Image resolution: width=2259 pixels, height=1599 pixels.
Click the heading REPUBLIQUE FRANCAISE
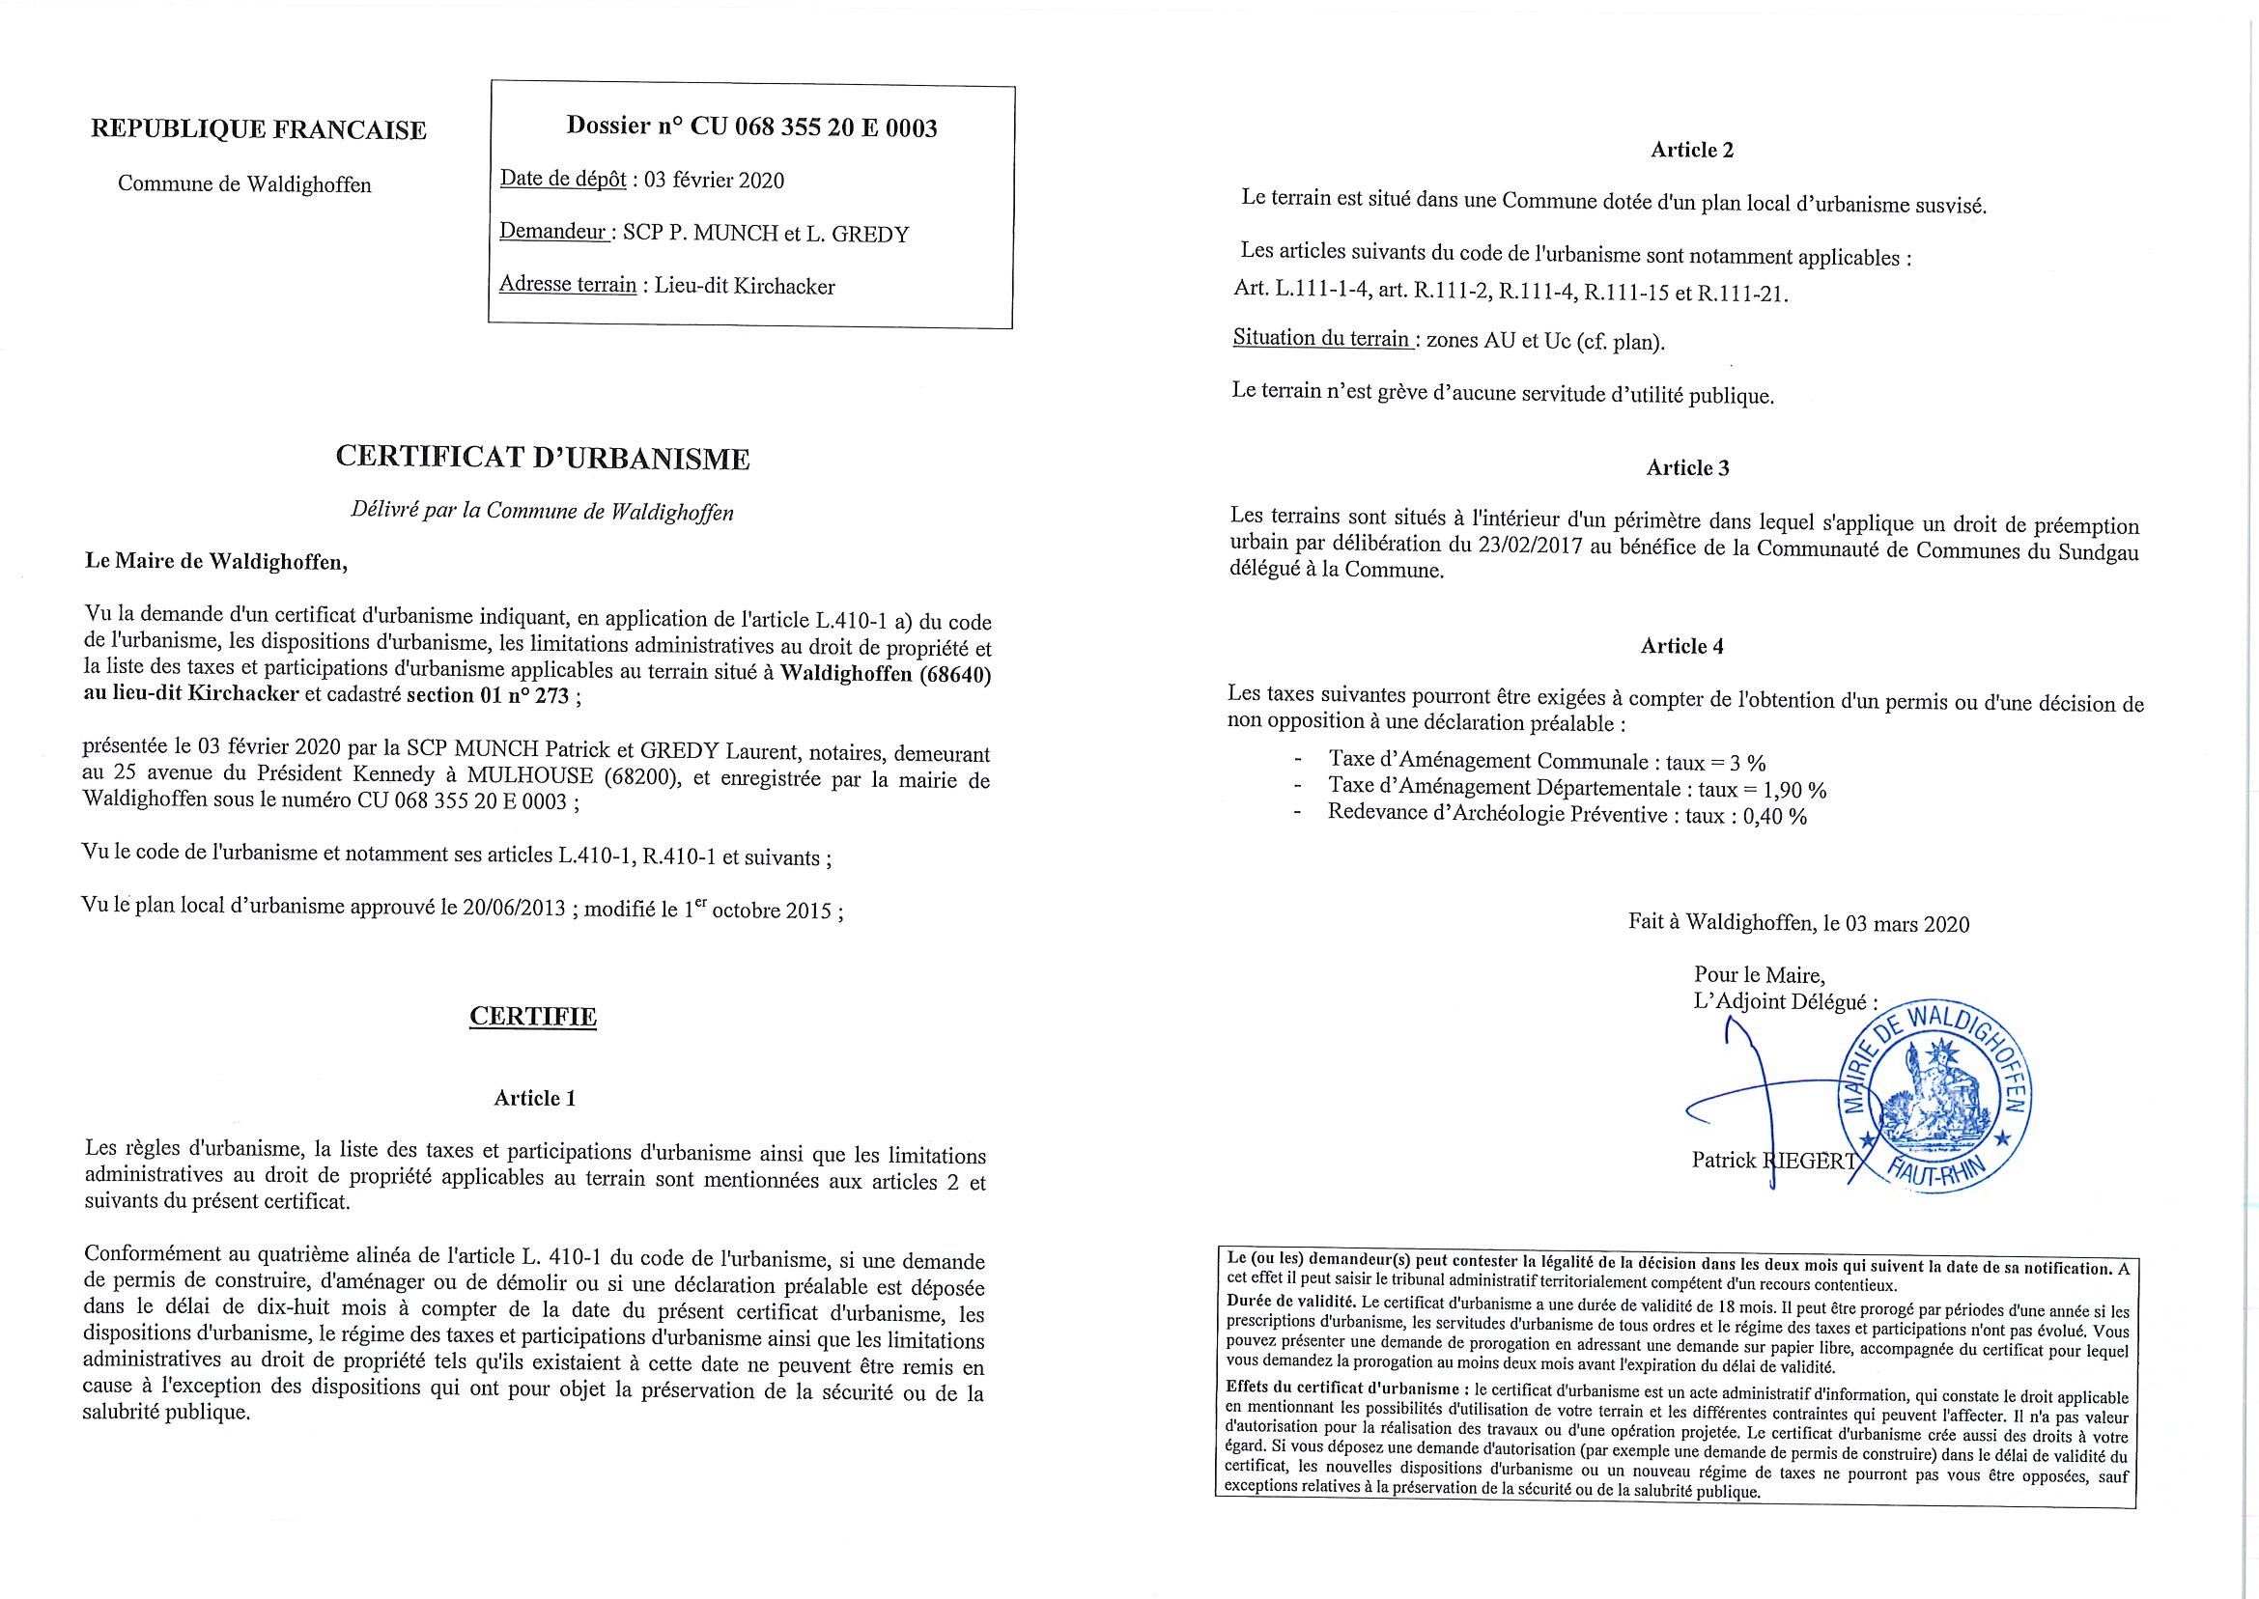click(x=258, y=130)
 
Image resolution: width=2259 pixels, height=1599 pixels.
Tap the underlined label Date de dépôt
click(x=562, y=180)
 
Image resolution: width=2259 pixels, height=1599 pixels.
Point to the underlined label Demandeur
click(x=551, y=233)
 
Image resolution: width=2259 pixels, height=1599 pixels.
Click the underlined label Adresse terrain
click(x=567, y=286)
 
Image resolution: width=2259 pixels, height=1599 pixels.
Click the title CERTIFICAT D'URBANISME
click(x=543, y=458)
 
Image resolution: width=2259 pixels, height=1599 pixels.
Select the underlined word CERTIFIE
click(x=533, y=1016)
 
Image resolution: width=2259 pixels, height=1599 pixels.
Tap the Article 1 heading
click(x=534, y=1098)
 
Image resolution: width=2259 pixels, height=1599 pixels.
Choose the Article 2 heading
click(x=1692, y=150)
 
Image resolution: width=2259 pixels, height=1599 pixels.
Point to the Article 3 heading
click(x=1687, y=467)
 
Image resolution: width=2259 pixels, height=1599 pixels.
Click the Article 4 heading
click(x=1682, y=646)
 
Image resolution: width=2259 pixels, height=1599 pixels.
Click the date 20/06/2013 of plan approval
click(x=512, y=910)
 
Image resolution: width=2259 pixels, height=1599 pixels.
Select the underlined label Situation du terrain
click(x=1321, y=339)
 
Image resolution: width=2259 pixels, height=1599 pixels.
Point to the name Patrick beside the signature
click(x=1723, y=1160)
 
